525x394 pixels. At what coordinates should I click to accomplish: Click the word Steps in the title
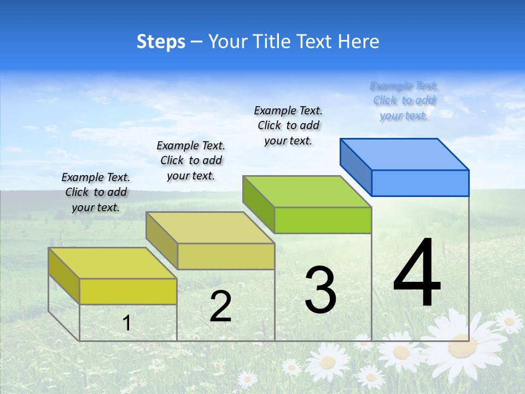coord(161,42)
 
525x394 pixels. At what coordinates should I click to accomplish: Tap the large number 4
coord(417,273)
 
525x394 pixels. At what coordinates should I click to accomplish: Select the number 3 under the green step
coord(320,290)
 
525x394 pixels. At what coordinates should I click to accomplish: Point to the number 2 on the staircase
coord(220,306)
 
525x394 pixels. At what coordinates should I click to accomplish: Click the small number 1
coord(127,323)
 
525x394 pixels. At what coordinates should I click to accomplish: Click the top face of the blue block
coord(405,154)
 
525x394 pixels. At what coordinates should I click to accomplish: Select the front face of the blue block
coord(420,183)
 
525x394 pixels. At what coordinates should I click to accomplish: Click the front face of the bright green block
coord(323,221)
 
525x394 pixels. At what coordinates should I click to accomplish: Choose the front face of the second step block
coord(226,256)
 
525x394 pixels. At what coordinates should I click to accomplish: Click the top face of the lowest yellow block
coord(113,263)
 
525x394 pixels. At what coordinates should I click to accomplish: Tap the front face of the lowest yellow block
coord(128,291)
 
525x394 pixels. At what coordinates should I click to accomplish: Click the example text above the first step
coord(96,192)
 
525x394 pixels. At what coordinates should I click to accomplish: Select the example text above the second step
coord(191,160)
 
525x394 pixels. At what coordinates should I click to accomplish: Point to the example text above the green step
coord(288,125)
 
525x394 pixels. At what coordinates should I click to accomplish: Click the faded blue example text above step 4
coord(404,101)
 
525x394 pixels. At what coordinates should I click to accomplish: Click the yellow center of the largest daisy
coord(458,346)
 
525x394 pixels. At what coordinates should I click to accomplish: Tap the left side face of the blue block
coord(355,167)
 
